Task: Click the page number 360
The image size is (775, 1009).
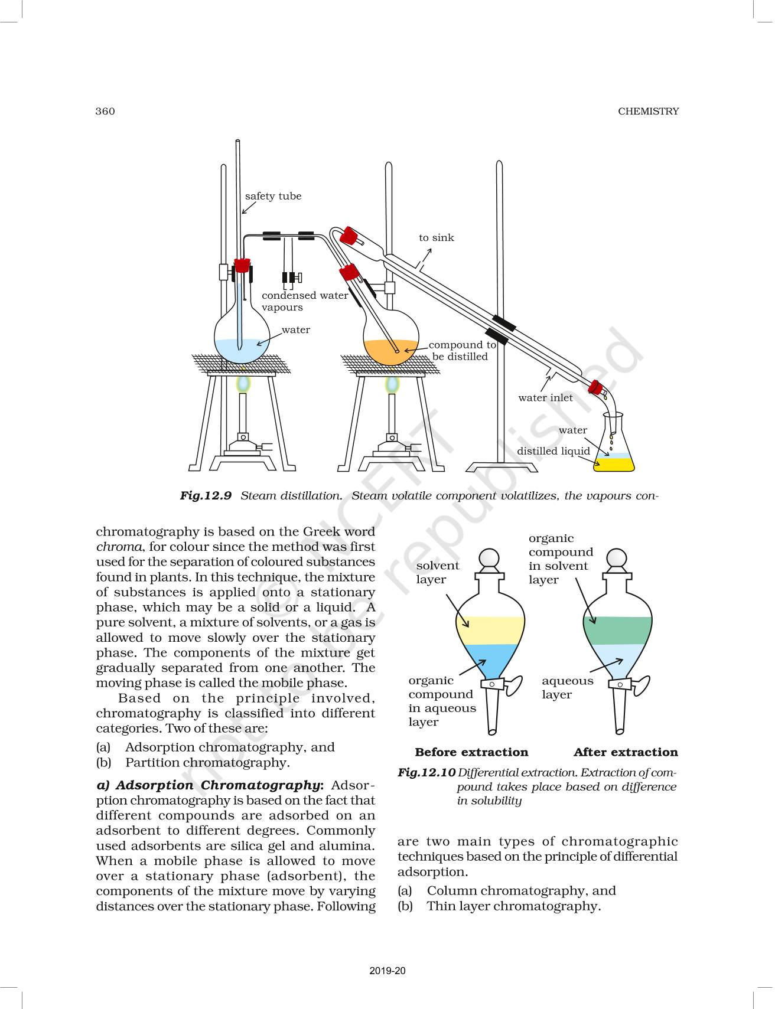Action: (105, 111)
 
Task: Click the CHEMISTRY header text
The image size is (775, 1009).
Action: (648, 111)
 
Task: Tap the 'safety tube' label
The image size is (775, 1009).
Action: (273, 196)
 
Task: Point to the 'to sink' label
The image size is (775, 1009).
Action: (437, 237)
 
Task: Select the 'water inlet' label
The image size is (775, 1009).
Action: (545, 397)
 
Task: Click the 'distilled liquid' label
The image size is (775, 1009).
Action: (553, 450)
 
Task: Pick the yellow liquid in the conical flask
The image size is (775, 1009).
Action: (614, 464)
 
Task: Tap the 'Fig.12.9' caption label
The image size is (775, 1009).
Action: (206, 495)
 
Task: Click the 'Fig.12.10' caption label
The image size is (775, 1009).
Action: (426, 772)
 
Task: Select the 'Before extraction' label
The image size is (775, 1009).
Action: (471, 752)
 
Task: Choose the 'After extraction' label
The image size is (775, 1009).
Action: (626, 752)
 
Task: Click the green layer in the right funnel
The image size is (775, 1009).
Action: (618, 630)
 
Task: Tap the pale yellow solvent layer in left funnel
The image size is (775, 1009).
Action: (490, 630)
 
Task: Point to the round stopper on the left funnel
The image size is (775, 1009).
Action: (489, 558)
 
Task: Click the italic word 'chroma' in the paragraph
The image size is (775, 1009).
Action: (119, 547)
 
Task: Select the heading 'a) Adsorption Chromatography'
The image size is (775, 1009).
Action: (210, 785)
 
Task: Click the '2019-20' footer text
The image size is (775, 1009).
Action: (387, 971)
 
